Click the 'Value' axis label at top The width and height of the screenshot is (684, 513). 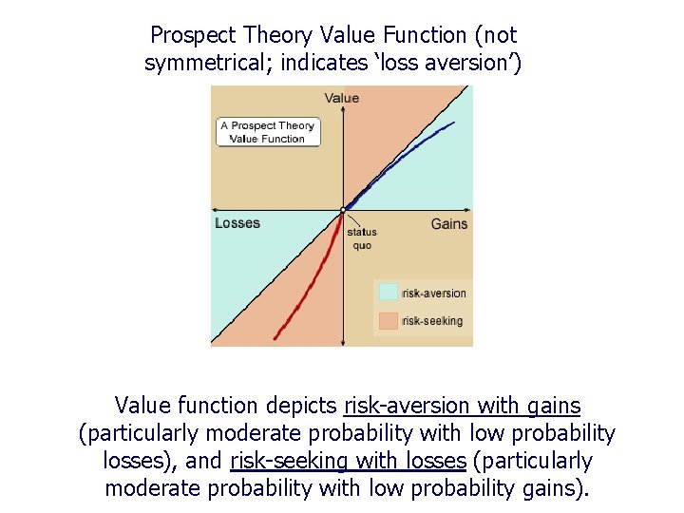[342, 98]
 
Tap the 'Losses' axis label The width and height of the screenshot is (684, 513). [237, 223]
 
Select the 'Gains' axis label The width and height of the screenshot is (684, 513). [449, 224]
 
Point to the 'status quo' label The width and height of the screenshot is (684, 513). [362, 239]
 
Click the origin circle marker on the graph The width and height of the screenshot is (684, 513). [343, 209]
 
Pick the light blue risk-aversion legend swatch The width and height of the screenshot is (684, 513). [389, 293]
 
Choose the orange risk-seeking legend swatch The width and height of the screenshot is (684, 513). [389, 321]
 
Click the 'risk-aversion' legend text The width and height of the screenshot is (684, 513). [434, 293]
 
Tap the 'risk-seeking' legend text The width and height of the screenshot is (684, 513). [432, 321]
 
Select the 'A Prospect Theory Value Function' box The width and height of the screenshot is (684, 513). [267, 132]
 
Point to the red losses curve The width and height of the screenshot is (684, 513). [313, 285]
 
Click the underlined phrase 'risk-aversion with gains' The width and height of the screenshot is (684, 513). [462, 406]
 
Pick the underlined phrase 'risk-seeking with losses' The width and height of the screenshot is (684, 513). [348, 461]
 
